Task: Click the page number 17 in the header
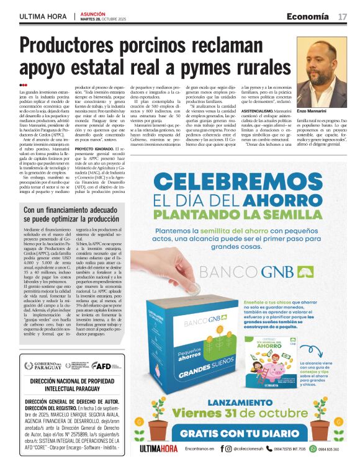pos(343,16)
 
